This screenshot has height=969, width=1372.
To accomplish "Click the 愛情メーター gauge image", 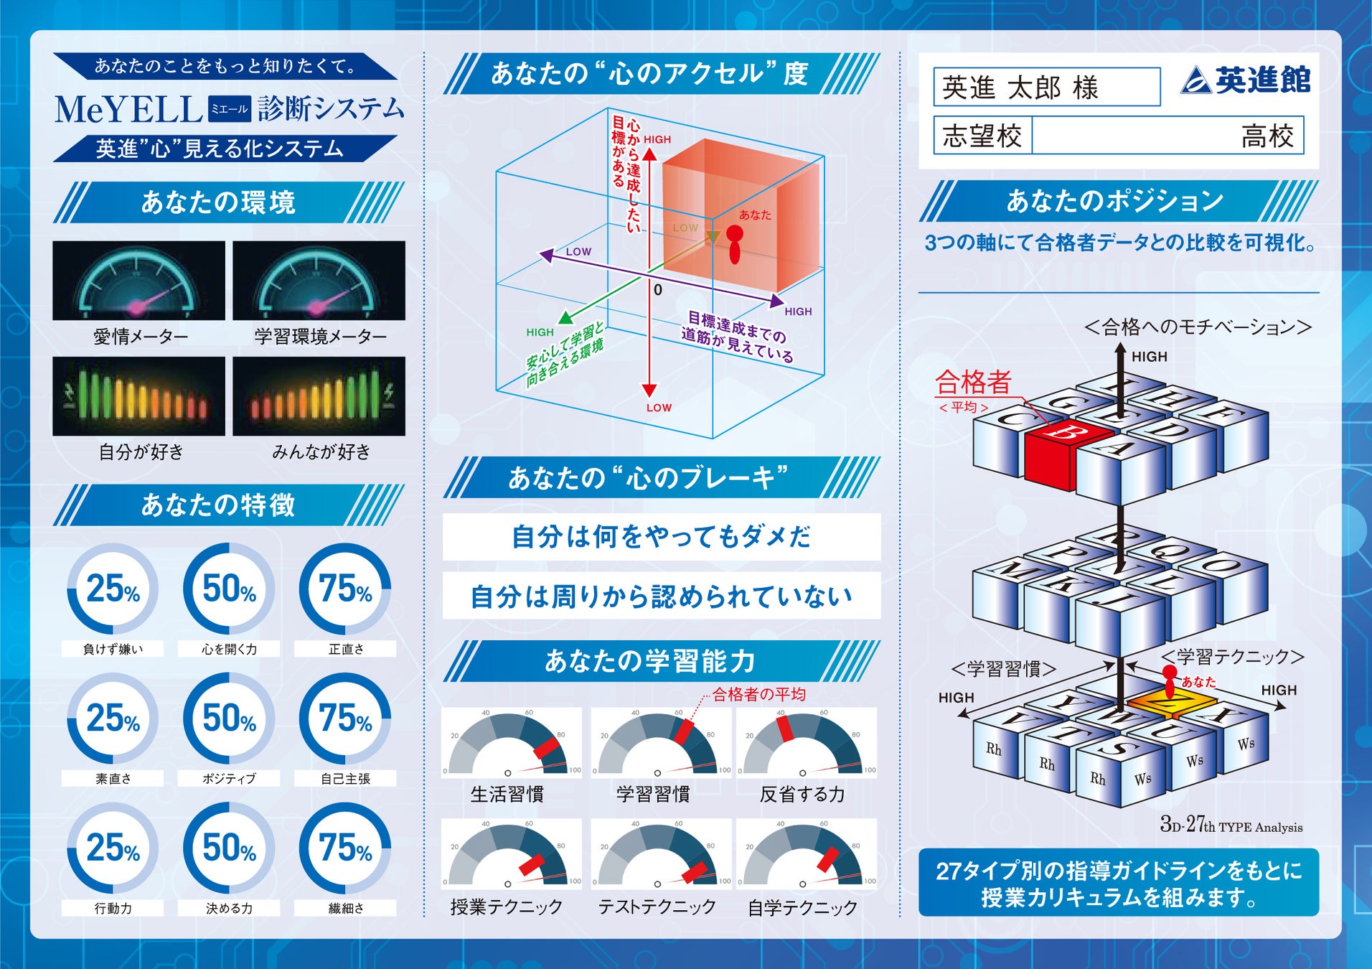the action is [x=138, y=281].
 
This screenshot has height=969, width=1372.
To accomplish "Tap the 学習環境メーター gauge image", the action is [x=319, y=281].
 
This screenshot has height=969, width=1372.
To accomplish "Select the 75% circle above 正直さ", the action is [x=345, y=589].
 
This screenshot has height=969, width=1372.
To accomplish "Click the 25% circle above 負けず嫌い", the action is [x=113, y=589].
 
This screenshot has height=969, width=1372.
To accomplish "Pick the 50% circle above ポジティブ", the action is [x=229, y=718].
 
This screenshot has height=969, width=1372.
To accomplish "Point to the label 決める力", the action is [x=229, y=908].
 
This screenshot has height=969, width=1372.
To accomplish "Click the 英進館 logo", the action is [x=1246, y=80].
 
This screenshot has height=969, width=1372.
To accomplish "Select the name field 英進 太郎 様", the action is [x=1046, y=88].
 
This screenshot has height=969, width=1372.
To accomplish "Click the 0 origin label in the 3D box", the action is [x=658, y=290].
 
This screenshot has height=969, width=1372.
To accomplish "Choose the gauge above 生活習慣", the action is [x=511, y=743].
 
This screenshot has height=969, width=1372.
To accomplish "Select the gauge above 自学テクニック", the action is [x=806, y=854].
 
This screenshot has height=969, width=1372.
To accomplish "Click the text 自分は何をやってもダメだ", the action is [x=661, y=537].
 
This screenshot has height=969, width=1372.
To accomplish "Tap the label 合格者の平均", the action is [x=758, y=694].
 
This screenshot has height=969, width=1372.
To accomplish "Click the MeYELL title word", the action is [x=129, y=110].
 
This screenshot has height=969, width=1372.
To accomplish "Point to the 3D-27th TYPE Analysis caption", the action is [x=1231, y=825].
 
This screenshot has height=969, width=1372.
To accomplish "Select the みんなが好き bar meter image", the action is [x=319, y=396].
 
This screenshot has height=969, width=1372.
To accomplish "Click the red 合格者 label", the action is [x=973, y=382].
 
